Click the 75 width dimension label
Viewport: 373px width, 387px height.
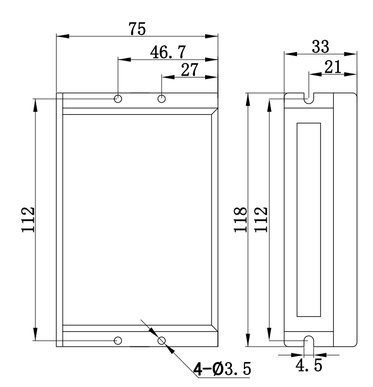137,29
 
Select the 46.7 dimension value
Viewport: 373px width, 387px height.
168,52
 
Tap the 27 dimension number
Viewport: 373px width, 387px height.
190,70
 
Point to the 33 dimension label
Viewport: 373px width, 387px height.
320,46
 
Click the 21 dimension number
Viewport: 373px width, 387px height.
333,67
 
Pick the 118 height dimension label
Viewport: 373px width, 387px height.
240,220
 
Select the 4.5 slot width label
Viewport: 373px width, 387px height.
309,365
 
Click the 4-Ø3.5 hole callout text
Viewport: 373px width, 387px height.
222,369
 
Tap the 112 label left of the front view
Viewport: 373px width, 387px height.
28,220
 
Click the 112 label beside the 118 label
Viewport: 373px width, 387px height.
261,220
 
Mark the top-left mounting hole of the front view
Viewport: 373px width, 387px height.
118,99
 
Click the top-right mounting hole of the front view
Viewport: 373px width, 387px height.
162,99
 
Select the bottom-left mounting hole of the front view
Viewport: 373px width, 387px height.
118,341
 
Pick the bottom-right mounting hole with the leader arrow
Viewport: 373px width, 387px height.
162,341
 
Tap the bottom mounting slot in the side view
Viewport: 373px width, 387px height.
309,341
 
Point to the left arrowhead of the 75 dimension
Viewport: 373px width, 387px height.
63,36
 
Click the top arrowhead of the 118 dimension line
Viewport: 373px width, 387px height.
248,99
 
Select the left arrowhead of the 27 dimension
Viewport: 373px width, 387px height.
168,78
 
